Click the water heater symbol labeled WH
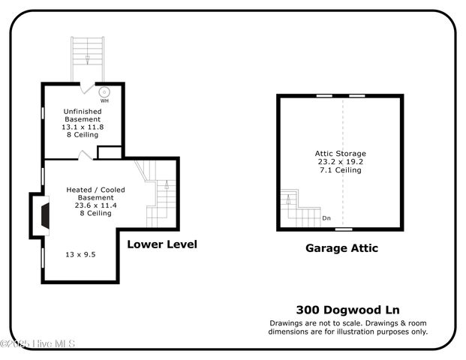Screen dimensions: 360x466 click(104, 91)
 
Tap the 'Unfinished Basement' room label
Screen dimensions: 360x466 click(82, 115)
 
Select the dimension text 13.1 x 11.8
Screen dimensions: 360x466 click(82, 127)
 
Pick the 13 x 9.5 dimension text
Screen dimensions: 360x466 click(81, 254)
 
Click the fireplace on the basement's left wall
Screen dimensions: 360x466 click(44, 215)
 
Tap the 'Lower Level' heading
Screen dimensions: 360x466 click(162, 244)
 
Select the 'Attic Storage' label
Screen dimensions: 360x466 click(340, 154)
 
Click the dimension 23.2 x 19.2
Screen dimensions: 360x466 click(340, 162)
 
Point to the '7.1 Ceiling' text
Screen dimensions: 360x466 click(340, 170)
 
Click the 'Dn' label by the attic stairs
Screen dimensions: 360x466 click(326, 218)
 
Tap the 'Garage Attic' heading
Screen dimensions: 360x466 click(341, 248)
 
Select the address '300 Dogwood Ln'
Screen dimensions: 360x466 click(348, 310)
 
